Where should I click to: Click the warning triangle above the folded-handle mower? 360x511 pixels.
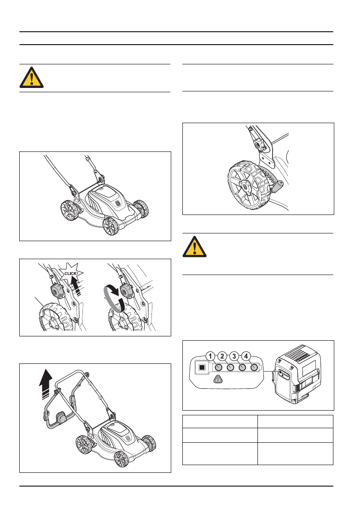(31, 78)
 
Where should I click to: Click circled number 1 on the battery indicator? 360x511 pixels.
(210, 356)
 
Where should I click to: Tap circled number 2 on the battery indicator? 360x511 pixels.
(222, 356)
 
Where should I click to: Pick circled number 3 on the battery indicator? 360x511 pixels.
(234, 356)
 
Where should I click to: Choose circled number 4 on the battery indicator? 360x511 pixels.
(246, 356)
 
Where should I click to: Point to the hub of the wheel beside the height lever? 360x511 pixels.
(245, 185)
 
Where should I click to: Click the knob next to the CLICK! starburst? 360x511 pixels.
(56, 292)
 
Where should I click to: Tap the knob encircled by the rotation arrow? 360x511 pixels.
(127, 291)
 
